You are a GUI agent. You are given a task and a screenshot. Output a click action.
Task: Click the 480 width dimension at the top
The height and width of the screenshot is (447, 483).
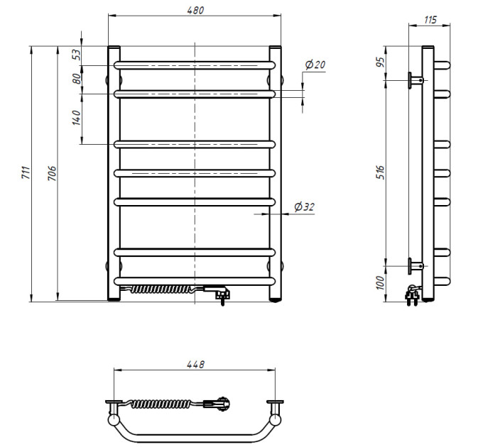[x=195, y=10]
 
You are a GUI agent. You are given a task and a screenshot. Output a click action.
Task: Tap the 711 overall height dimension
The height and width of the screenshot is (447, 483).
[x=26, y=173]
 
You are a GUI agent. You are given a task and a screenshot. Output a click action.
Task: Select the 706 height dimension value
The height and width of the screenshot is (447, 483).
[x=52, y=173]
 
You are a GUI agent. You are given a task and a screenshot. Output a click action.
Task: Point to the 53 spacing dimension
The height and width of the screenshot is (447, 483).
[x=77, y=55]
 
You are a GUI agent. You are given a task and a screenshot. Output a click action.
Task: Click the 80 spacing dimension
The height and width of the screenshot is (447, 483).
[x=77, y=79]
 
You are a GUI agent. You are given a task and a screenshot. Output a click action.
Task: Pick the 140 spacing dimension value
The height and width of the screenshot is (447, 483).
[x=77, y=118]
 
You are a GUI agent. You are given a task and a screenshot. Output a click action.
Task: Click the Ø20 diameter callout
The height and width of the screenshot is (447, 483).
[x=315, y=65]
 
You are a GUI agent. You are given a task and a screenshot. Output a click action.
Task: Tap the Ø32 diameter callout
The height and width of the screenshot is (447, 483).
[x=304, y=206]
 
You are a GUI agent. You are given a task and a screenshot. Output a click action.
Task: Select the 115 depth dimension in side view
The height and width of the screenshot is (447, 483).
[x=430, y=20]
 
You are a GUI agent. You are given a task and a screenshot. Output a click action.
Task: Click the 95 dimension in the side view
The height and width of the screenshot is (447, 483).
[x=381, y=62]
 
